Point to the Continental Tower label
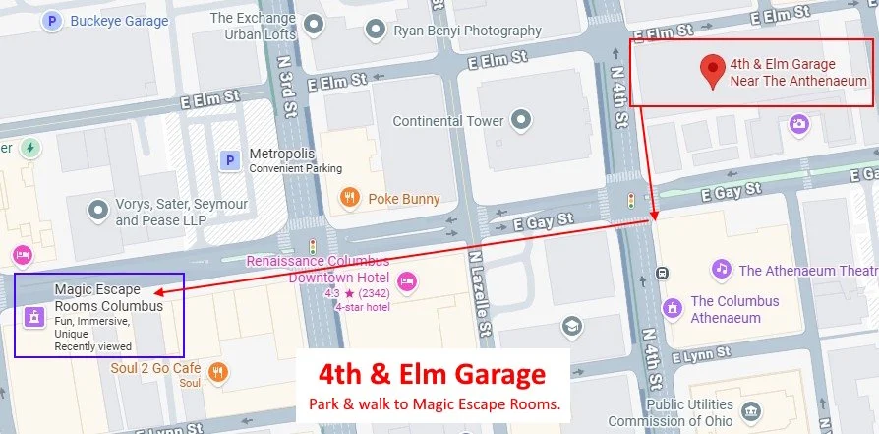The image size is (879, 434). tap(447, 121)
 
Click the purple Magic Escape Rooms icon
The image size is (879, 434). tap(34, 316)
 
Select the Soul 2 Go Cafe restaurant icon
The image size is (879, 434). tap(219, 372)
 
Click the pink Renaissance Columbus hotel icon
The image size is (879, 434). tap(407, 281)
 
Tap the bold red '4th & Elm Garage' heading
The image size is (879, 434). tap(431, 375)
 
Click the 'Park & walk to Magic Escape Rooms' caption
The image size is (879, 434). tap(434, 403)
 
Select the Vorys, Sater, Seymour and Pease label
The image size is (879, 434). tap(182, 212)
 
